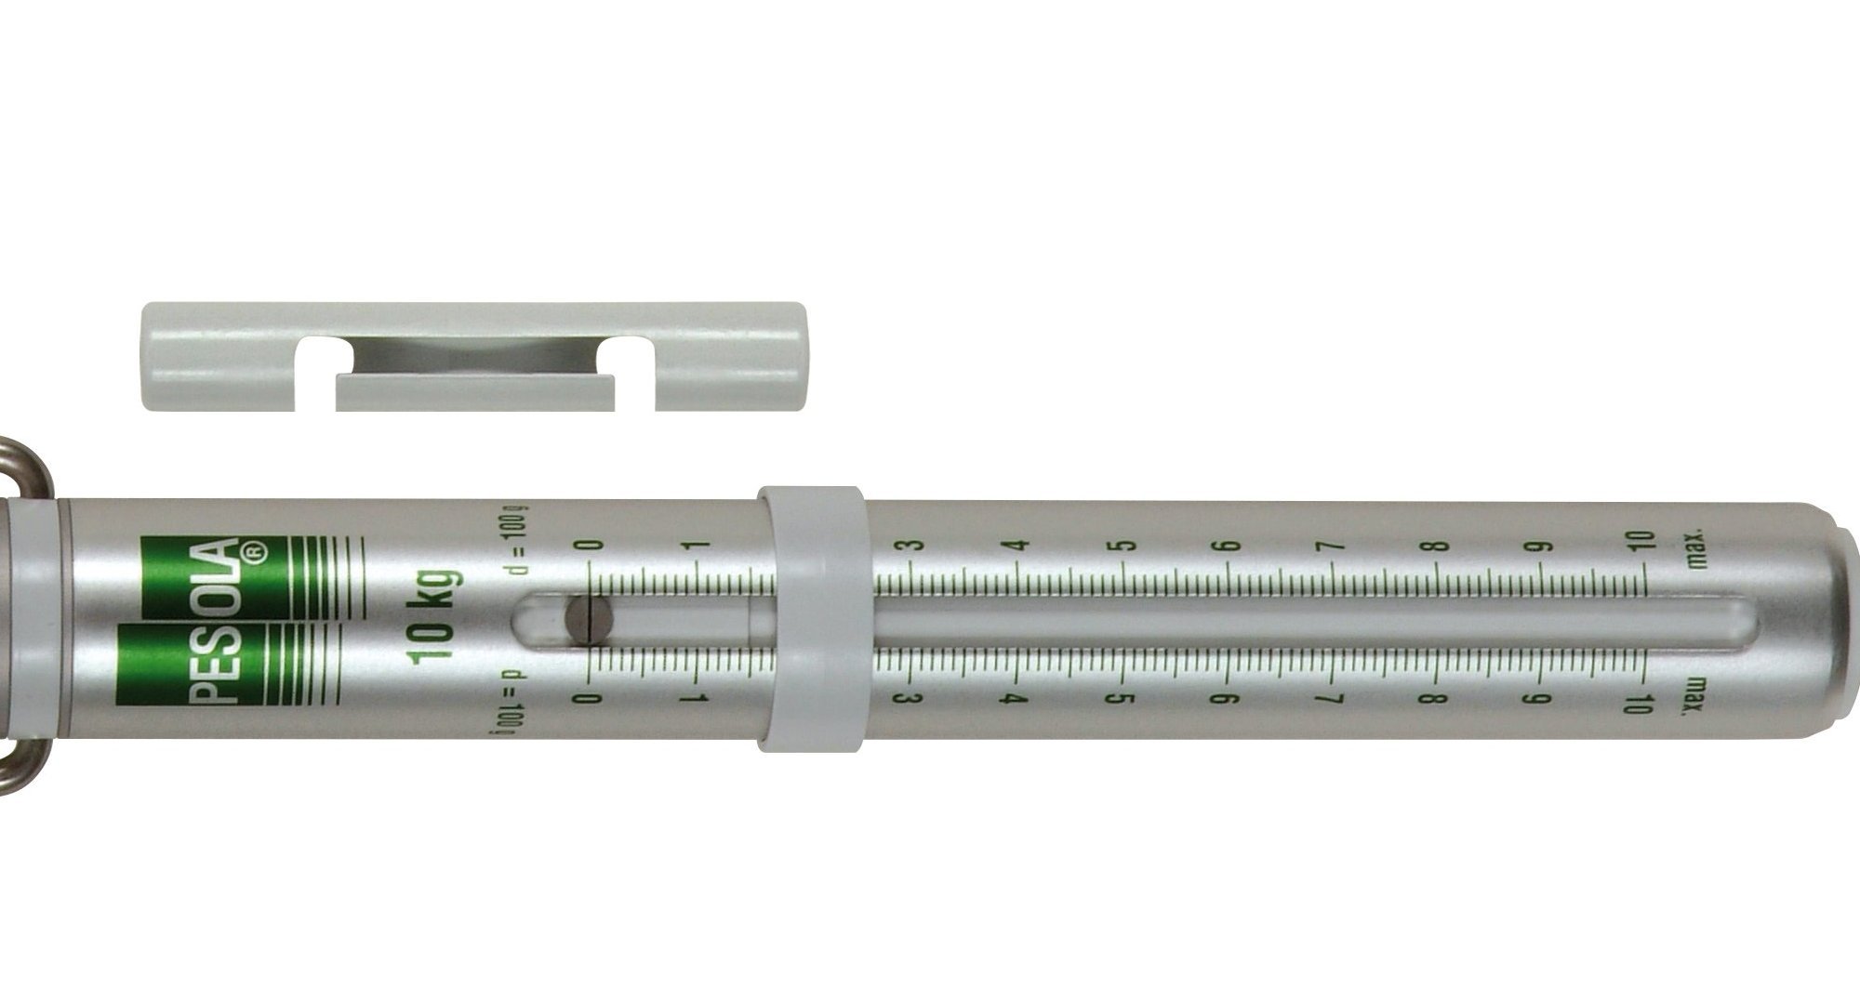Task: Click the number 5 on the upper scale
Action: click(1126, 546)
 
